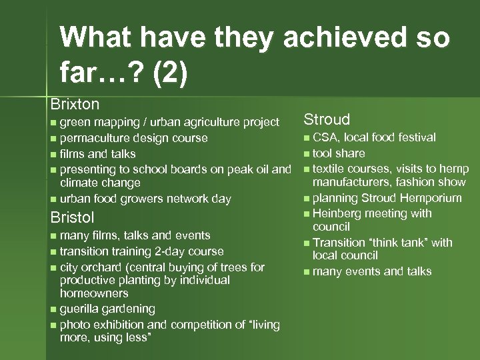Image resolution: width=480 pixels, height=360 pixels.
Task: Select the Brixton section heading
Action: (x=75, y=104)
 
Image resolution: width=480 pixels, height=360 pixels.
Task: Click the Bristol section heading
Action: (x=73, y=218)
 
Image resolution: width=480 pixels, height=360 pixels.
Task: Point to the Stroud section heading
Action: (x=327, y=119)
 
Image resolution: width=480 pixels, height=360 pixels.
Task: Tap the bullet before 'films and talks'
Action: (x=53, y=154)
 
